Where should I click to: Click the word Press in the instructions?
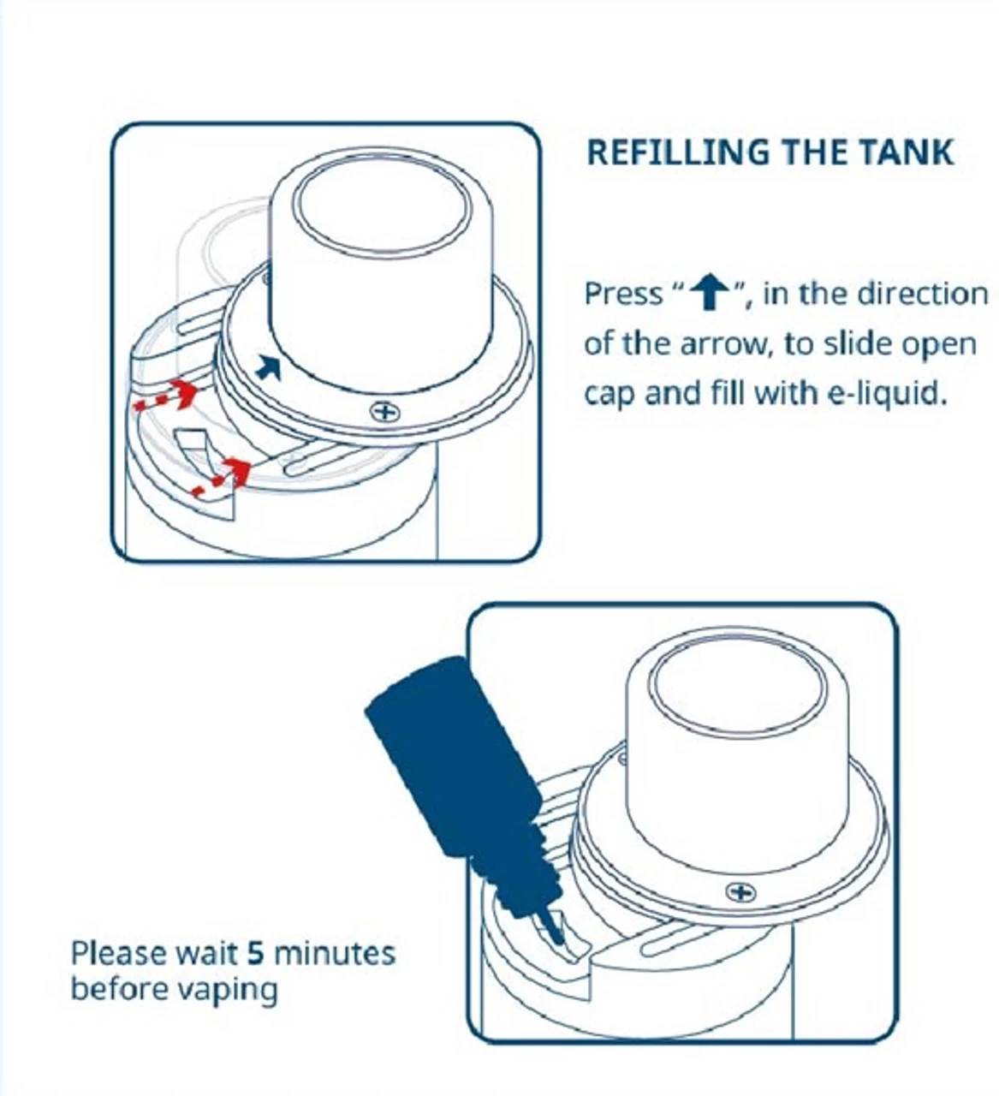(x=622, y=295)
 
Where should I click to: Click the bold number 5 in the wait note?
(x=254, y=953)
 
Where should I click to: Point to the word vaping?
(x=227, y=990)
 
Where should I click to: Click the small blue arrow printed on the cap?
(x=270, y=367)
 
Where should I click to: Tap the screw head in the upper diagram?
(x=385, y=413)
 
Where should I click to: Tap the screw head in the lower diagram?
(x=740, y=893)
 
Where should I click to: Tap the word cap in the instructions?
(x=609, y=395)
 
